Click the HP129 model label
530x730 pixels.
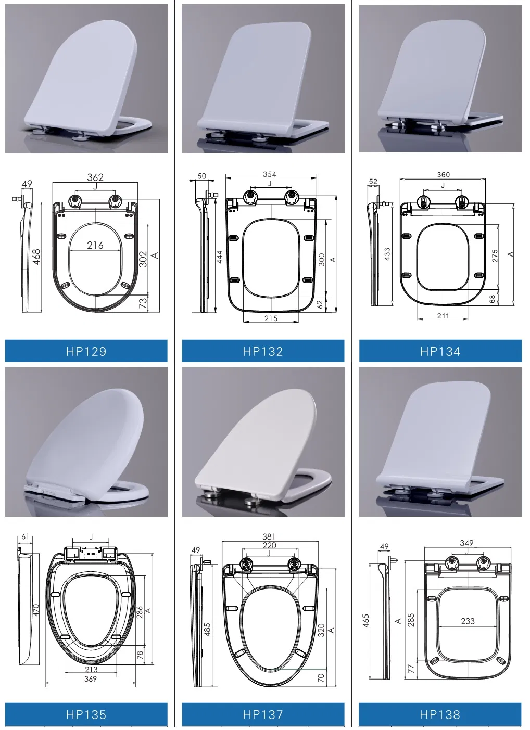coord(86,351)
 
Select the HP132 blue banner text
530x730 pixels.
coord(262,351)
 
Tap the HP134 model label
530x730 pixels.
coord(440,351)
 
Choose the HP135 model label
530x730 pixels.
coord(86,714)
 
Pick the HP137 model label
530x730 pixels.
coord(262,714)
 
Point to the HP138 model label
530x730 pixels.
coord(440,714)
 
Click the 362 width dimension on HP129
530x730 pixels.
coord(95,177)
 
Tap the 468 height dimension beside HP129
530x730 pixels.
coord(36,257)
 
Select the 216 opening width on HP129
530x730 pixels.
coord(95,245)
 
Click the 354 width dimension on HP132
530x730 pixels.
coord(270,174)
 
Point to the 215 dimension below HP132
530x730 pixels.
coord(271,318)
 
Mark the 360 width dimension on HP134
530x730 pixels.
coord(443,175)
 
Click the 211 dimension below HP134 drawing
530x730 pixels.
coord(443,316)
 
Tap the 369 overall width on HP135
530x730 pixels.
coord(91,678)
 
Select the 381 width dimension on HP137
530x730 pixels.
coord(269,536)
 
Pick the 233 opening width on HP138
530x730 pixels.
coord(468,621)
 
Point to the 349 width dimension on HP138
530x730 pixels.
coord(466,543)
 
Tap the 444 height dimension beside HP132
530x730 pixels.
coord(219,257)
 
